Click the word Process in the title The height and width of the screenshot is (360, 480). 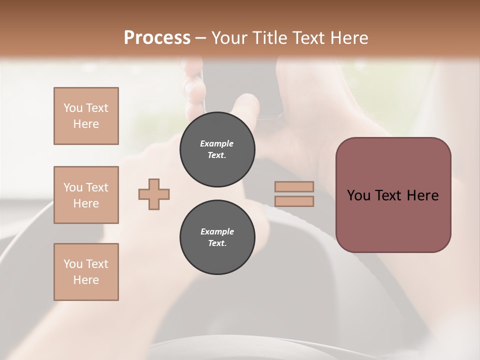tap(157, 37)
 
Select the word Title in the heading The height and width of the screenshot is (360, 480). tap(269, 37)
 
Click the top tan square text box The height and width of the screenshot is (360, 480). tap(86, 116)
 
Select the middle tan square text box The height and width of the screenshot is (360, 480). tap(86, 195)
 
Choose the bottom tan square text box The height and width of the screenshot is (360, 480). tap(86, 272)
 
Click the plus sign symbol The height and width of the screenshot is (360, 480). tap(154, 194)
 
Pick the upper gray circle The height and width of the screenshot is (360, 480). tap(217, 149)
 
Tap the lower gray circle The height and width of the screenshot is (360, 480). tap(217, 237)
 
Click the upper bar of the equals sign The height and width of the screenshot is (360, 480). tap(294, 186)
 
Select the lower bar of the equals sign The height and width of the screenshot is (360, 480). tap(294, 201)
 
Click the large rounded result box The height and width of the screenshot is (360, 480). tap(393, 195)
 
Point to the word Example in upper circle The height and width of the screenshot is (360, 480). tap(217, 143)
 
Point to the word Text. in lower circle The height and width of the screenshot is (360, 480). tap(217, 243)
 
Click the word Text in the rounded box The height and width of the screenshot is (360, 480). tap(389, 195)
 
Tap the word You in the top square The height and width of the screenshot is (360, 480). tap(73, 108)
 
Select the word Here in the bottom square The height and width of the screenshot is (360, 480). tap(86, 280)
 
